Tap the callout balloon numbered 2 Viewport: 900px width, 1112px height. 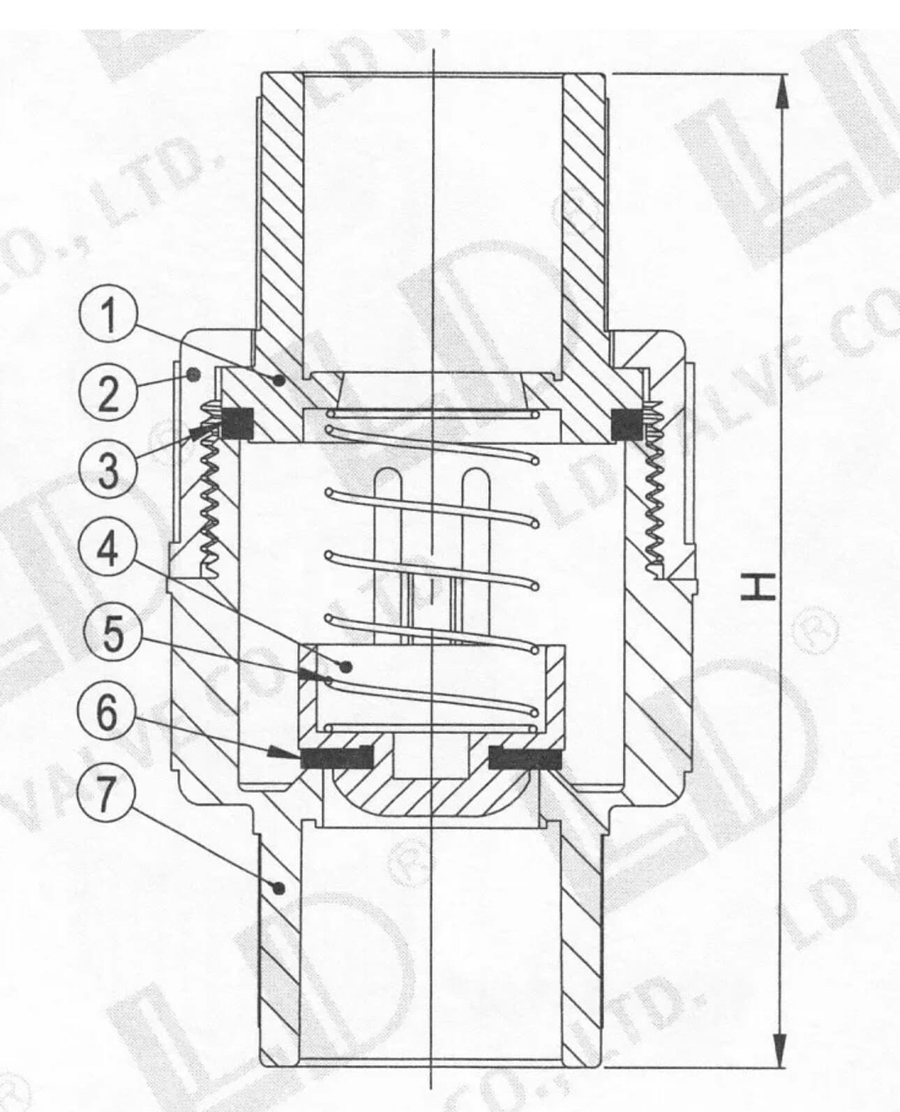[x=107, y=393]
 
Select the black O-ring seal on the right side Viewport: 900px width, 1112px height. [x=627, y=424]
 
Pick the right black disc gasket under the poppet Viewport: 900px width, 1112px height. [x=525, y=758]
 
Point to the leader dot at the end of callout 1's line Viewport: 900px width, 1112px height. [x=278, y=380]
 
